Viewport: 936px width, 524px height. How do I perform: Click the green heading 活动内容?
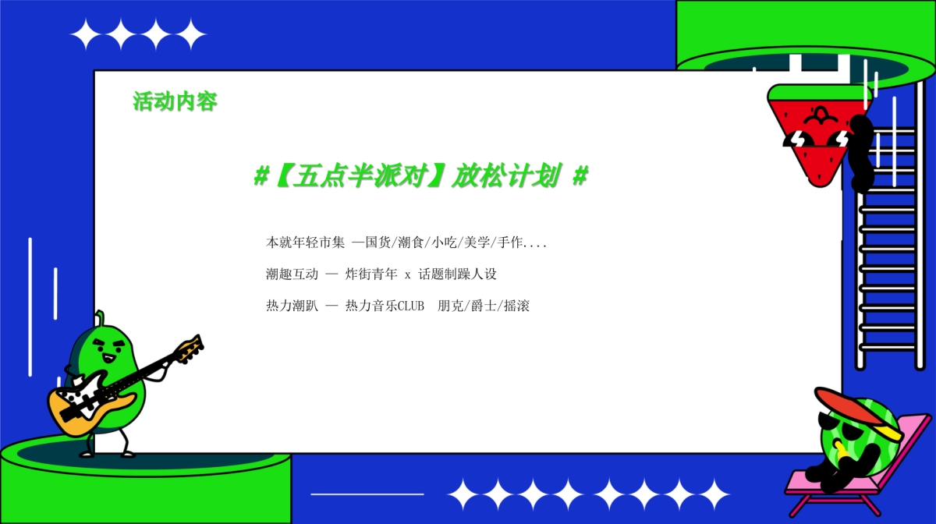pyautogui.click(x=175, y=101)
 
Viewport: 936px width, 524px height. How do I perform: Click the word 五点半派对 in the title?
pyautogui.click(x=362, y=177)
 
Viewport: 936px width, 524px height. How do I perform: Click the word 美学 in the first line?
pyautogui.click(x=476, y=243)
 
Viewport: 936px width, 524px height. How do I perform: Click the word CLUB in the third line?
pyautogui.click(x=411, y=306)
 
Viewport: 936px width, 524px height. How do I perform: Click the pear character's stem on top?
pyautogui.click(x=99, y=317)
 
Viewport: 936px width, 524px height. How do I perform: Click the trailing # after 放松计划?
pyautogui.click(x=580, y=177)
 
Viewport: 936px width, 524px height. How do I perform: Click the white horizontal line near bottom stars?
pyautogui.click(x=367, y=494)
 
